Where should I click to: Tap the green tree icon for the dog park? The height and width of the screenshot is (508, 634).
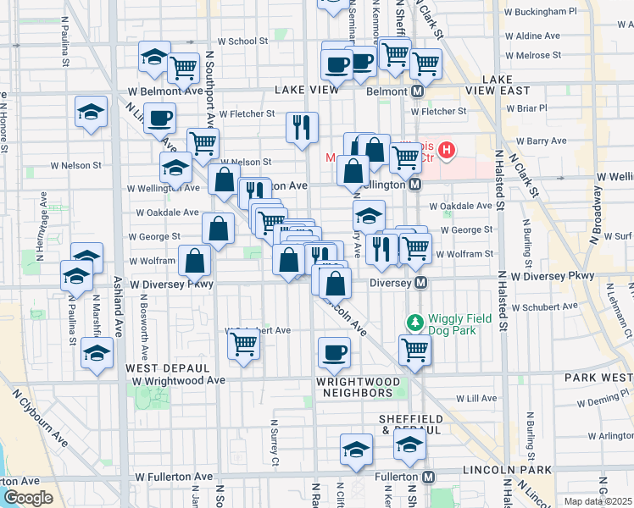pyautogui.click(x=414, y=323)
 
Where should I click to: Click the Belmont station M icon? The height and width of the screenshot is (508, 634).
pyautogui.click(x=418, y=91)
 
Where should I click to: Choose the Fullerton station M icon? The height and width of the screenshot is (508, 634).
pyautogui.click(x=429, y=477)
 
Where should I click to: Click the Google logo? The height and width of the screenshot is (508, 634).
pyautogui.click(x=27, y=498)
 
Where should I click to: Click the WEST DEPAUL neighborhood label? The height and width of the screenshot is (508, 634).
pyautogui.click(x=167, y=368)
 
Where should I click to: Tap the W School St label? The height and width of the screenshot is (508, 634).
pyautogui.click(x=242, y=41)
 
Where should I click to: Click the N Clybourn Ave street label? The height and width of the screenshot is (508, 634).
pyautogui.click(x=40, y=417)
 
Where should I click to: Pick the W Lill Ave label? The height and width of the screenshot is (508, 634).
pyautogui.click(x=475, y=397)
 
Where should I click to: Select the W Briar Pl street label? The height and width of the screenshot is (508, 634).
pyautogui.click(x=526, y=108)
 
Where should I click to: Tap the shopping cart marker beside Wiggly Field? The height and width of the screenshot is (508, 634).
pyautogui.click(x=414, y=350)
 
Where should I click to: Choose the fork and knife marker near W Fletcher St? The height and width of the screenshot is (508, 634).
pyautogui.click(x=302, y=128)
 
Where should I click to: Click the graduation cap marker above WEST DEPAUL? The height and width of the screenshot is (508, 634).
pyautogui.click(x=97, y=355)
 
